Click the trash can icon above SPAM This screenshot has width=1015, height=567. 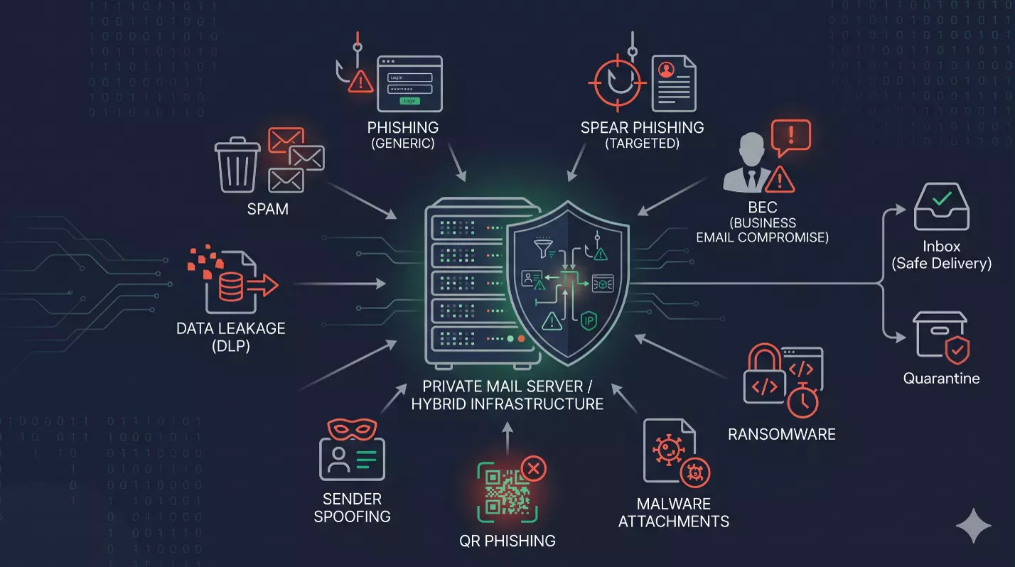pyautogui.click(x=237, y=165)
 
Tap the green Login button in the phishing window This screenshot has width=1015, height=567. pyautogui.click(x=409, y=101)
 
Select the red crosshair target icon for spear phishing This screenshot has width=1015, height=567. pyautogui.click(x=617, y=83)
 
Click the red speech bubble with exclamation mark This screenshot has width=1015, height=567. pyautogui.click(x=790, y=136)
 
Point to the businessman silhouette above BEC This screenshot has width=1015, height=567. pyautogui.click(x=748, y=162)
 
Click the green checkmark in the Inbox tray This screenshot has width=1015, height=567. pyautogui.click(x=942, y=198)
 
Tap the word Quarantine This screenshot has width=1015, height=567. pyautogui.click(x=941, y=378)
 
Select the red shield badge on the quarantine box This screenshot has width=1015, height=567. pyautogui.click(x=957, y=350)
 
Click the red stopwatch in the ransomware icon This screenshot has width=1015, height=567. pyautogui.click(x=802, y=400)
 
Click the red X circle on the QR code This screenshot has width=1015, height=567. pyautogui.click(x=533, y=468)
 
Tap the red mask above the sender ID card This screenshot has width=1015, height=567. pyautogui.click(x=352, y=429)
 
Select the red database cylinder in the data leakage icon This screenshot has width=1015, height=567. pyautogui.click(x=230, y=287)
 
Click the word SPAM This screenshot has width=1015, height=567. pyautogui.click(x=267, y=209)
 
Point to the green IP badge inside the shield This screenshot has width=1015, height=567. pyautogui.click(x=589, y=321)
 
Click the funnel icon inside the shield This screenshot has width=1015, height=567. pyautogui.click(x=544, y=247)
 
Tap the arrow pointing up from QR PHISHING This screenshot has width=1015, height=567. pyautogui.click(x=507, y=438)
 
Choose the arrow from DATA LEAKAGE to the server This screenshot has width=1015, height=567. pyautogui.click(x=340, y=284)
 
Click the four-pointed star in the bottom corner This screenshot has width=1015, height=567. pyautogui.click(x=973, y=526)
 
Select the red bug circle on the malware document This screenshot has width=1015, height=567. pyautogui.click(x=695, y=472)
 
